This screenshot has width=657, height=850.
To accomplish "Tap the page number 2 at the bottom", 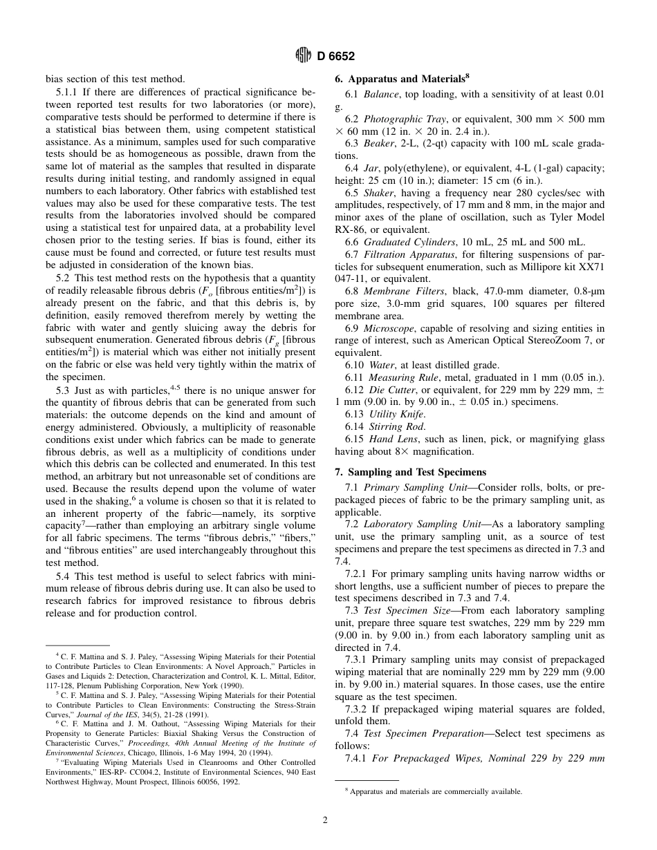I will pyautogui.click(x=324, y=820).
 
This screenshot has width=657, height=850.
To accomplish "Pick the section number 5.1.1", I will pyautogui.click(x=66, y=92).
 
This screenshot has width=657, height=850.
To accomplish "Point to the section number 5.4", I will pyautogui.click(x=63, y=577).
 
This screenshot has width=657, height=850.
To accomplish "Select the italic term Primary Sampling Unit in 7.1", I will pyautogui.click(x=405, y=488).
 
